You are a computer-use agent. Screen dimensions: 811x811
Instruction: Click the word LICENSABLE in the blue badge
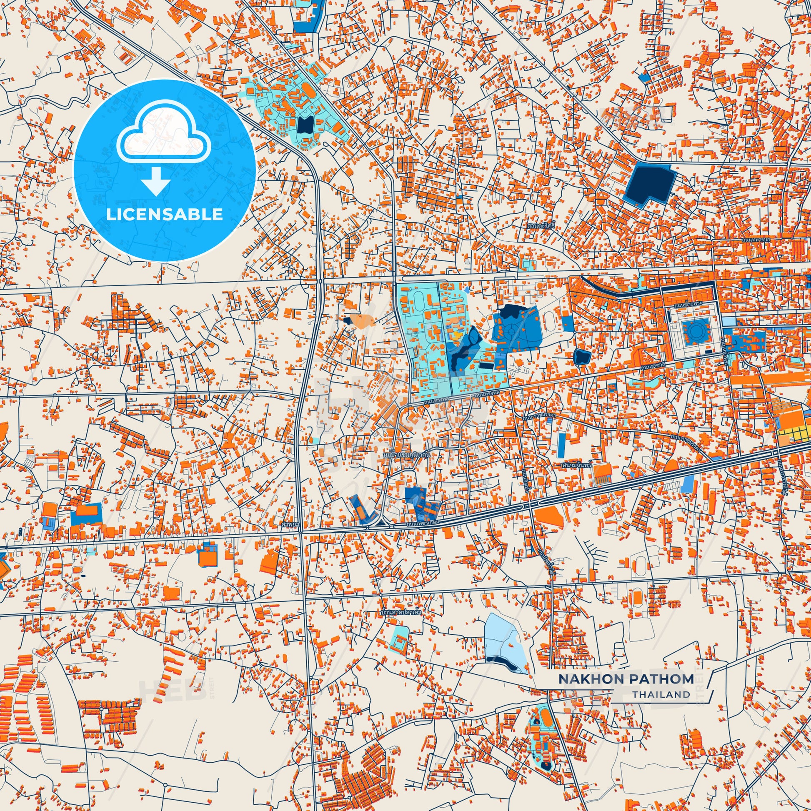[165, 215]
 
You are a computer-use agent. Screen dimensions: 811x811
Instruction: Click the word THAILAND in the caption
[661, 694]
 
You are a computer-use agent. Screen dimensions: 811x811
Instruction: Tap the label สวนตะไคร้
[541, 225]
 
